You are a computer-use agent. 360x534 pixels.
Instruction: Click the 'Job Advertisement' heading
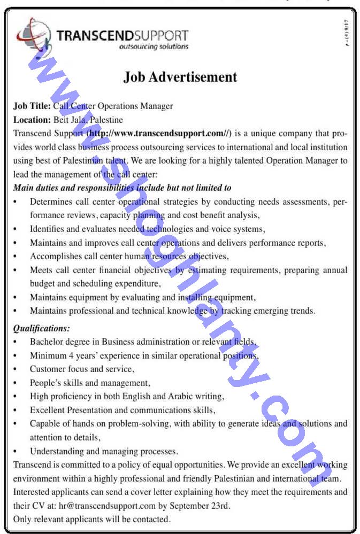coord(180,77)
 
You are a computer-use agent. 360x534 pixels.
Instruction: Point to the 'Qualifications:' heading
coord(42,328)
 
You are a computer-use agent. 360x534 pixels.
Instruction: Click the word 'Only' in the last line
coord(23,519)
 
